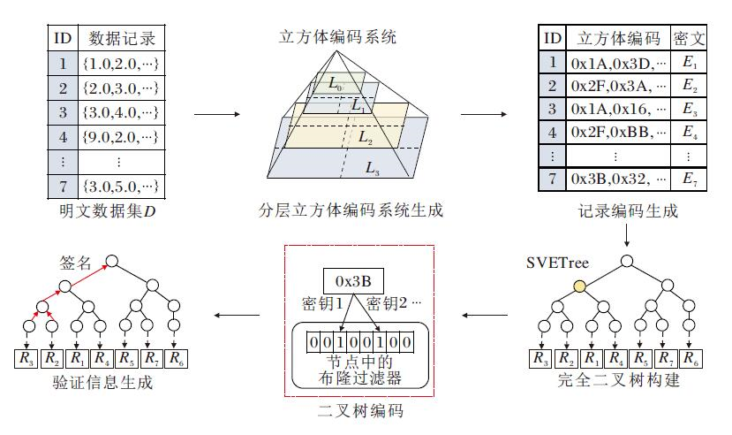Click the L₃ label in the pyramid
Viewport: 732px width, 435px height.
(x=373, y=166)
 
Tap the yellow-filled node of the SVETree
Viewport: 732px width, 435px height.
(x=579, y=286)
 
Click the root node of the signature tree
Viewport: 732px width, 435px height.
(x=111, y=262)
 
